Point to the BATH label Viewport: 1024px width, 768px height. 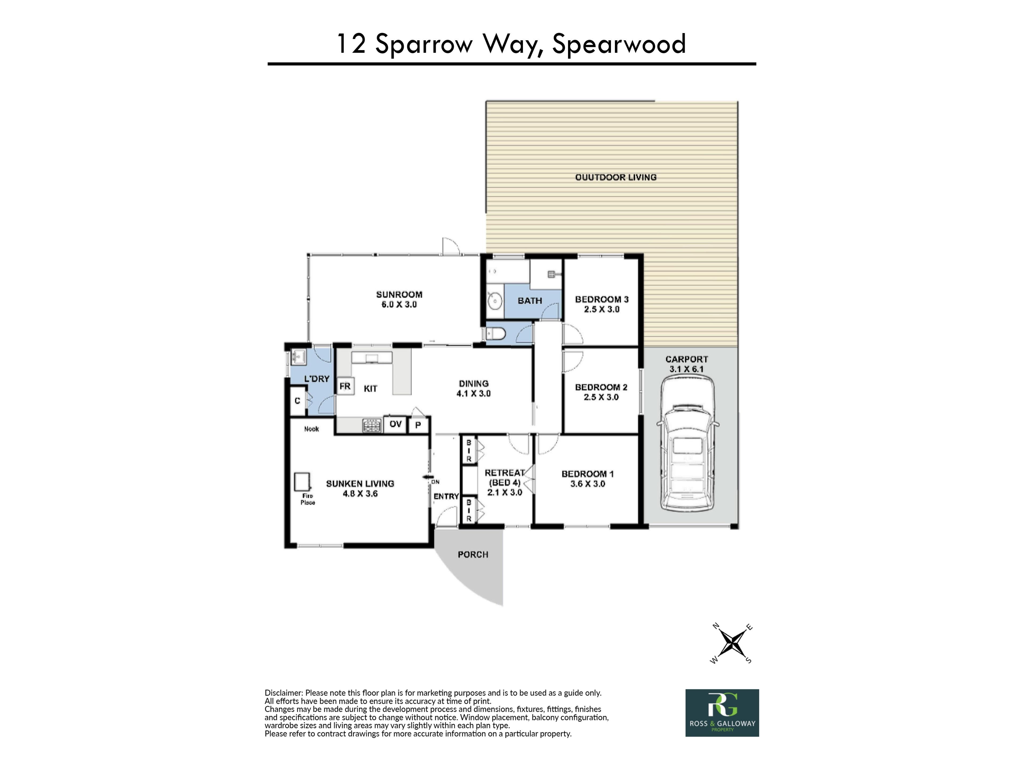pyautogui.click(x=530, y=301)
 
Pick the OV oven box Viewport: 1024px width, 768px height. pyautogui.click(x=395, y=424)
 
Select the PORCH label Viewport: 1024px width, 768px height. pyautogui.click(x=473, y=554)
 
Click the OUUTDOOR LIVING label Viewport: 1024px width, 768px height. pyautogui.click(x=616, y=177)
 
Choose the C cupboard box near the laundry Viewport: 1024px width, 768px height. pyautogui.click(x=298, y=401)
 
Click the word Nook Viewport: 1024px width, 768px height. pyautogui.click(x=311, y=429)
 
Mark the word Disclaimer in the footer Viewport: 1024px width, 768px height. pyautogui.click(x=283, y=693)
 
